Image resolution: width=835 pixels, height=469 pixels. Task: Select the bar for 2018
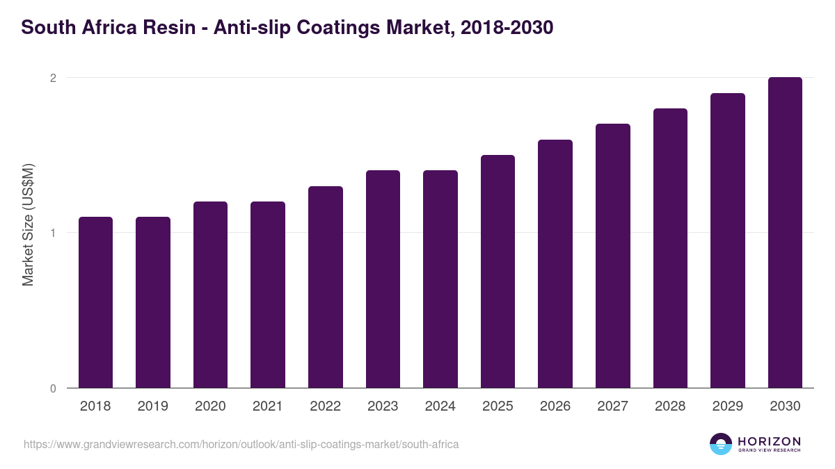pyautogui.click(x=95, y=302)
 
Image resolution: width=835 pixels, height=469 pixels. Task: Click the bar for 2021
pyautogui.click(x=268, y=295)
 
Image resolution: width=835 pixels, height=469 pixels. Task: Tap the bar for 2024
pyautogui.click(x=440, y=279)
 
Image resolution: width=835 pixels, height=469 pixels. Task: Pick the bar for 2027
pyautogui.click(x=613, y=256)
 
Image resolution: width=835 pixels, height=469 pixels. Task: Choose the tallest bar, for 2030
pyautogui.click(x=785, y=233)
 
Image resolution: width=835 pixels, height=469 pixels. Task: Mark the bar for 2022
pyautogui.click(x=326, y=287)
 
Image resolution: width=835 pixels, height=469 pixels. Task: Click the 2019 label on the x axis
pyautogui.click(x=153, y=406)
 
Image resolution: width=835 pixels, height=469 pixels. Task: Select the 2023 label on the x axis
pyautogui.click(x=383, y=406)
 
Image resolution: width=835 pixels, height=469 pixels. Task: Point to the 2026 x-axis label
pyautogui.click(x=555, y=406)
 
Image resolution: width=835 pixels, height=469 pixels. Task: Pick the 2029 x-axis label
pyautogui.click(x=728, y=406)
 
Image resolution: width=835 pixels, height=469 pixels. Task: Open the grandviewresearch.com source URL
pyautogui.click(x=241, y=444)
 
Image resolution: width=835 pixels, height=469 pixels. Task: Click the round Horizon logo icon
pyautogui.click(x=721, y=444)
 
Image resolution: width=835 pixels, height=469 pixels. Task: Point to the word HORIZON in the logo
pyautogui.click(x=769, y=441)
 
